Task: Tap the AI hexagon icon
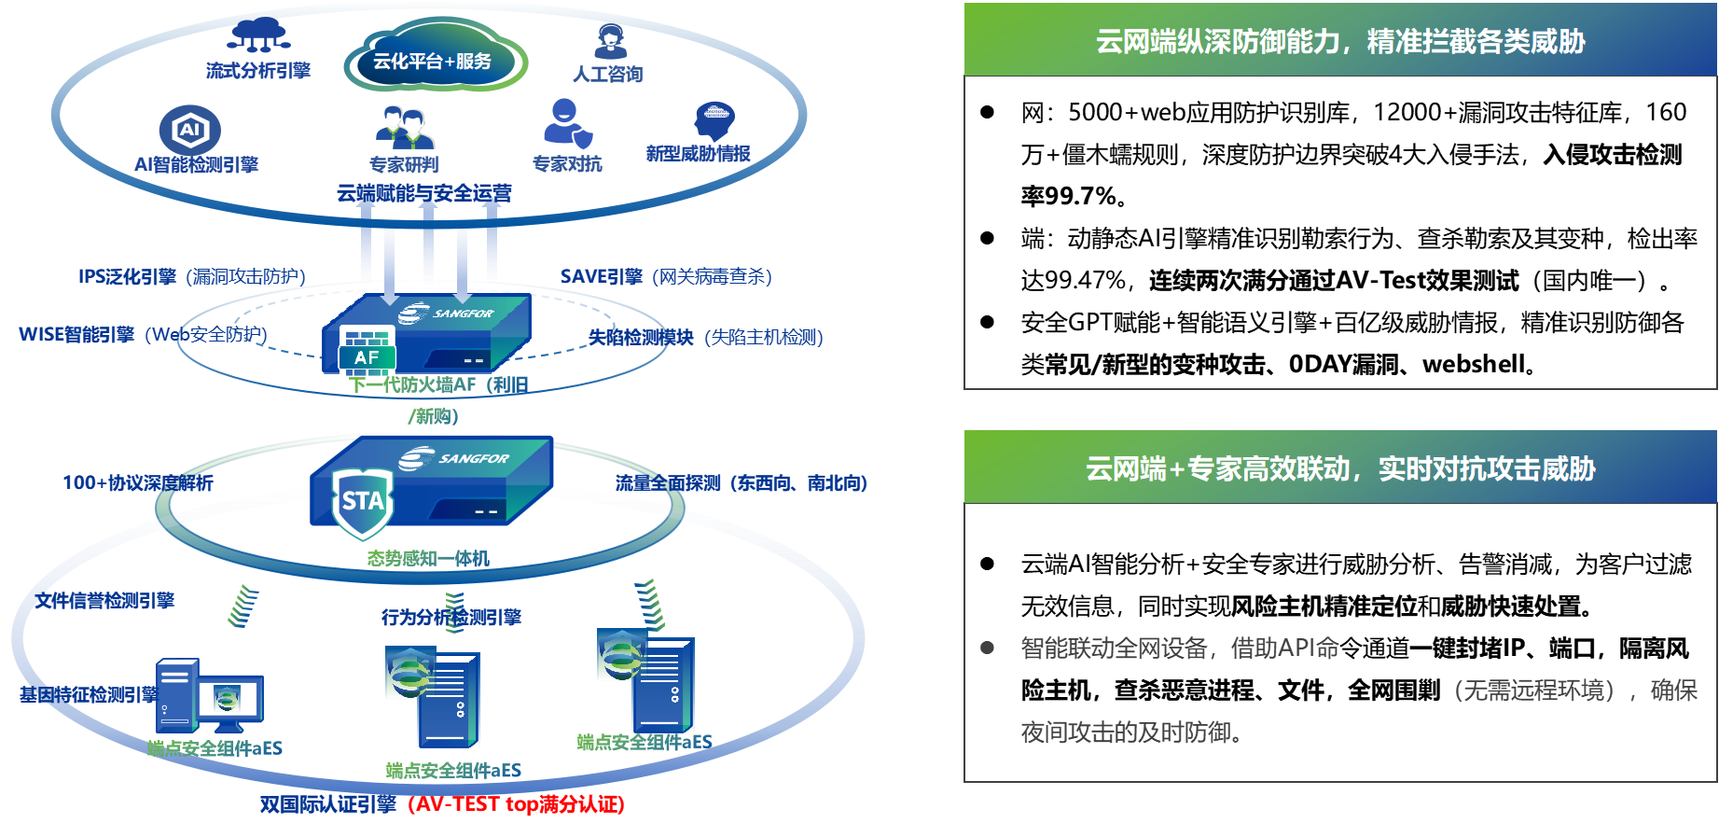pos(190,130)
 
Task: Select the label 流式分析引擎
pos(258,71)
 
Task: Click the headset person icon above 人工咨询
pos(610,40)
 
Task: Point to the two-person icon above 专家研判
pos(406,129)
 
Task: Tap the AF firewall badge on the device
pos(367,356)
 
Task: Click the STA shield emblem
pos(363,502)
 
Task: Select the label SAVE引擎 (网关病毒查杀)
pos(665,276)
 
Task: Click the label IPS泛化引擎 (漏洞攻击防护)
pos(191,276)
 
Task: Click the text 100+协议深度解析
pos(138,482)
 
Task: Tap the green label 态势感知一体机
pos(428,558)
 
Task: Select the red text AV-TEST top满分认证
pos(517,804)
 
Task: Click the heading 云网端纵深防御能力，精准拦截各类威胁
pos(1339,41)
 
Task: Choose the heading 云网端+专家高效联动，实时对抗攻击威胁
pos(1339,468)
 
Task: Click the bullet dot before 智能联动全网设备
pos(987,648)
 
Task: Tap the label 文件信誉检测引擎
pos(104,600)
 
